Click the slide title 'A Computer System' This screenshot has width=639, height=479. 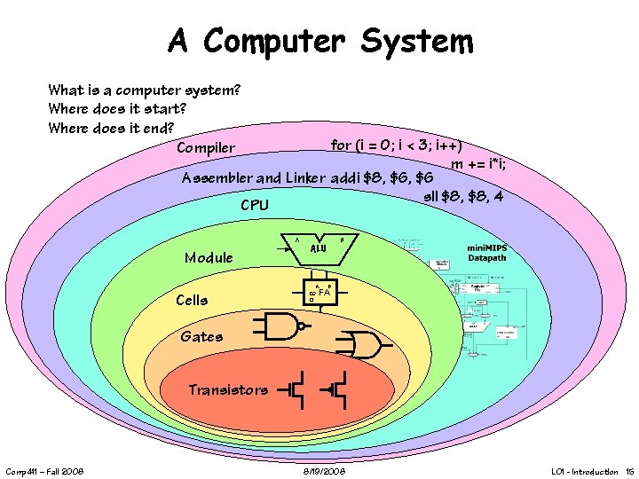320,41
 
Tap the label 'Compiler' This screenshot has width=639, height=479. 206,147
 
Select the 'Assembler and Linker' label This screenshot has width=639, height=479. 253,177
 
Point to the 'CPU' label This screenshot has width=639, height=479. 255,206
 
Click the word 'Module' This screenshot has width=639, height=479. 209,258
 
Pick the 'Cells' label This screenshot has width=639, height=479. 192,300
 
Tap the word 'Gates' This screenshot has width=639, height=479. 201,336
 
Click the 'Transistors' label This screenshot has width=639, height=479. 228,389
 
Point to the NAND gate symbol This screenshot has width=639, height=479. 281,326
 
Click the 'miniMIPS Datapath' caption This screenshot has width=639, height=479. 500,253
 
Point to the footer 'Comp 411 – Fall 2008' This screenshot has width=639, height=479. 44,471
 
